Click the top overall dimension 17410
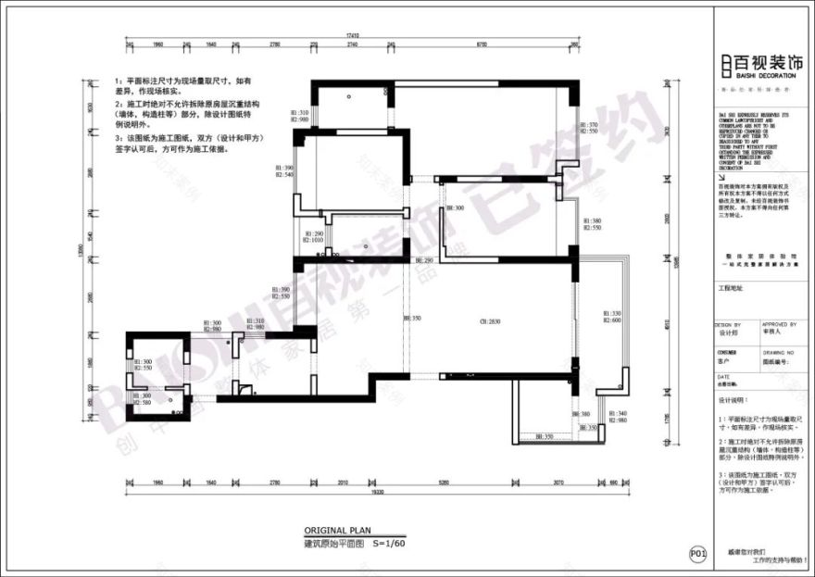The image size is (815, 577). pyautogui.click(x=353, y=35)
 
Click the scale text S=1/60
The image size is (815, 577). pyautogui.click(x=390, y=544)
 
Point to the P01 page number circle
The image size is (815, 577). pyautogui.click(x=698, y=554)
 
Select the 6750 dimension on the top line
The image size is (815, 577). pyautogui.click(x=482, y=44)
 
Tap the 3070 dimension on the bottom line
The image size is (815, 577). pyautogui.click(x=558, y=483)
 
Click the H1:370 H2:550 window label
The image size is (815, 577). pyautogui.click(x=588, y=128)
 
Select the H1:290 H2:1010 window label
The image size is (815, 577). pyautogui.click(x=312, y=237)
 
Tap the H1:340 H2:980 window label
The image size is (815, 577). pyautogui.click(x=616, y=417)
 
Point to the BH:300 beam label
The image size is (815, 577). pyautogui.click(x=454, y=208)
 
